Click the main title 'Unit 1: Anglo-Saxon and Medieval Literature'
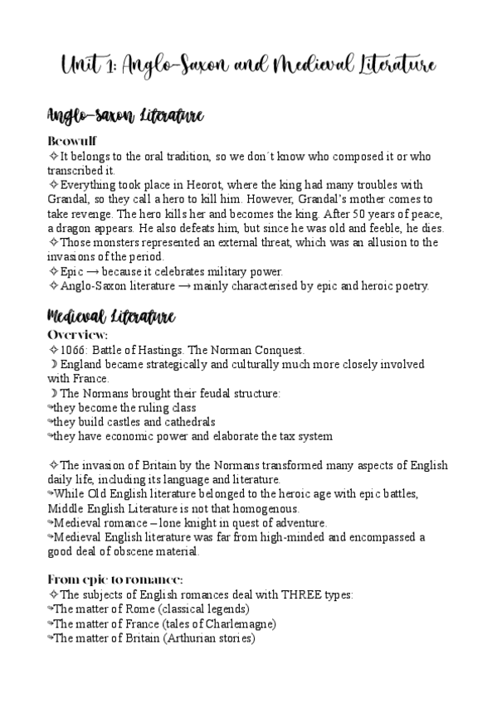point(248,64)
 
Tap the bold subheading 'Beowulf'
point(72,141)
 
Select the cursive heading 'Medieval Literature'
point(110,316)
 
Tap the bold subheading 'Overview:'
point(78,334)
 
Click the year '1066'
point(74,350)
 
